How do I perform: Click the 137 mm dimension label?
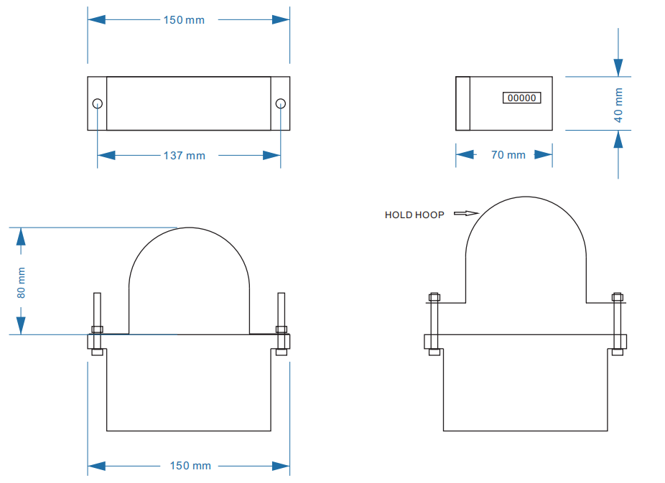pos(184,156)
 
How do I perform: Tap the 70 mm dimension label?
pos(508,155)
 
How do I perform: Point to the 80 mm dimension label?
pos(22,283)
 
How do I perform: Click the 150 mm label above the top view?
pos(184,20)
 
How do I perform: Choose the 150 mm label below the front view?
pos(190,466)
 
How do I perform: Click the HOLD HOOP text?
pos(414,215)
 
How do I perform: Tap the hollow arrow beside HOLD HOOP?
pos(466,213)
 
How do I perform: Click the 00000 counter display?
pos(521,98)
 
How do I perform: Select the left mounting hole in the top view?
pos(98,103)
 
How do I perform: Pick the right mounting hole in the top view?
pos(280,103)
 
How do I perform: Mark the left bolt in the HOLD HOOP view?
pos(434,323)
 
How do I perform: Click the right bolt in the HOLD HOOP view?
pos(617,323)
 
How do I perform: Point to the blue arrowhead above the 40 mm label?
pos(618,67)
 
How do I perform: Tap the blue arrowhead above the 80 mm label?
pos(21,238)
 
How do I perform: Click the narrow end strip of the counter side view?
pos(462,103)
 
